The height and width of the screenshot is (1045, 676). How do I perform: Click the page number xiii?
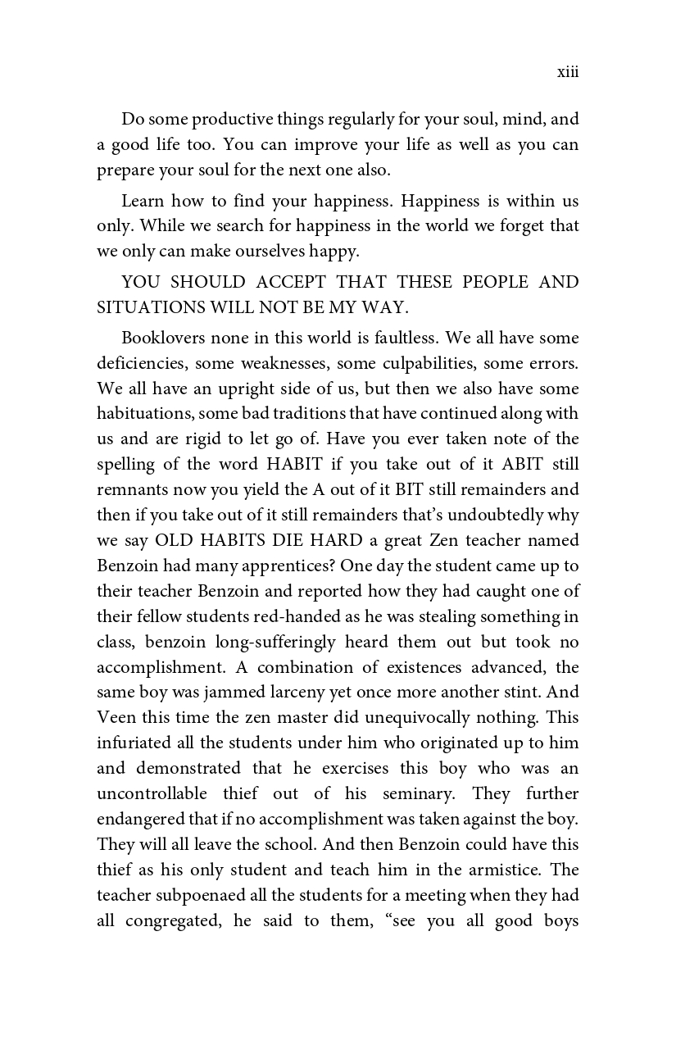[x=568, y=73]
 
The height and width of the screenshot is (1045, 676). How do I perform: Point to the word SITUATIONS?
[x=147, y=308]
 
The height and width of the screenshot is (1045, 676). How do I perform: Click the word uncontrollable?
[x=152, y=794]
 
